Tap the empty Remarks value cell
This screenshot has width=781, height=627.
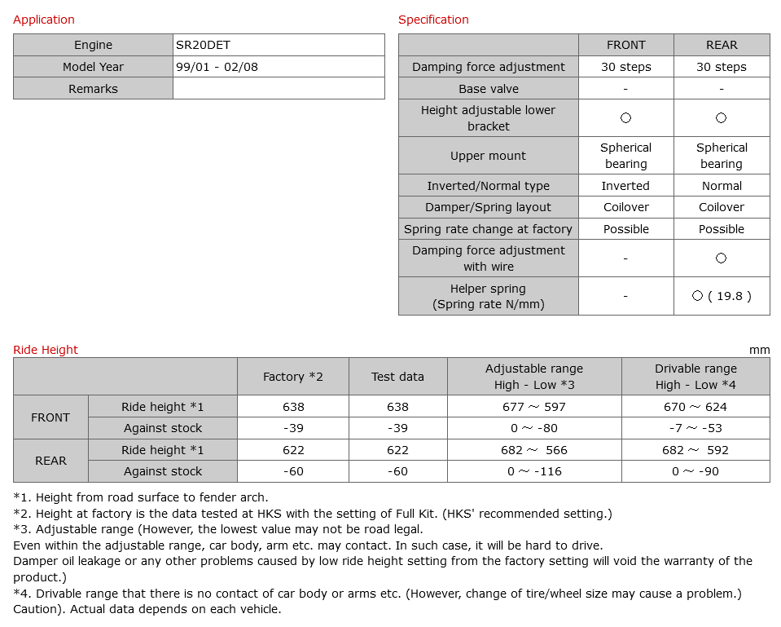click(279, 89)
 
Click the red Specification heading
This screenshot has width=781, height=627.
click(433, 20)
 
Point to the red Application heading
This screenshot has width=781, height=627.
click(44, 20)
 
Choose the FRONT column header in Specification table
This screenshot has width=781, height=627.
click(625, 45)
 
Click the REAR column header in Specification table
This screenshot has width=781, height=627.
click(722, 45)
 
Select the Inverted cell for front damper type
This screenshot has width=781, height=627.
click(625, 186)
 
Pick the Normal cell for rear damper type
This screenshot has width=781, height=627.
click(722, 186)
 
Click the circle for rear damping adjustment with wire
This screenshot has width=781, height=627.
click(721, 258)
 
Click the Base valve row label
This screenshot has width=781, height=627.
click(489, 89)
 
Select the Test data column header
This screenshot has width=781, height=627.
click(397, 377)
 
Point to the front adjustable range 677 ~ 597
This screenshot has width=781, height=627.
click(534, 407)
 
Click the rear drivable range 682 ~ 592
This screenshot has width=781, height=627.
click(695, 450)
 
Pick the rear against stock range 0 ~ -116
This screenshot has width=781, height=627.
click(534, 471)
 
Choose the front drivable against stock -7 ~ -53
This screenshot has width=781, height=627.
click(695, 428)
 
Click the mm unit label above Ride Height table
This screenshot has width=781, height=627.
click(759, 350)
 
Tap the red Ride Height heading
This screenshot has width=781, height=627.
click(46, 350)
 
